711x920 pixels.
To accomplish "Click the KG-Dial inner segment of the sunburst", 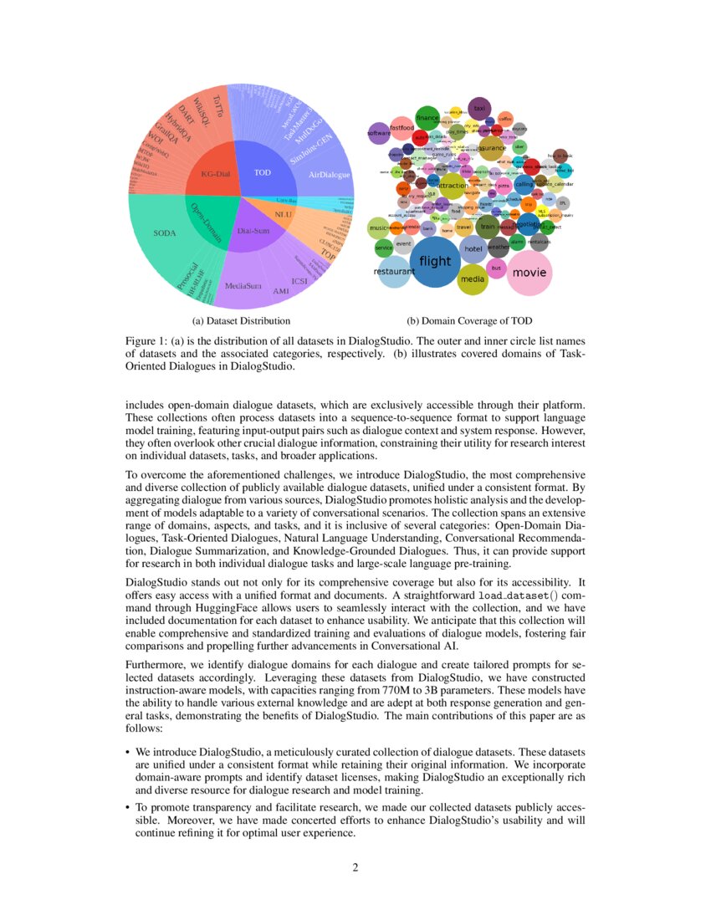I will pyautogui.click(x=214, y=173).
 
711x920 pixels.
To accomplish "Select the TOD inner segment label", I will pyautogui.click(x=263, y=172).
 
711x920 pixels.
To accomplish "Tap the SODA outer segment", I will pyautogui.click(x=165, y=233).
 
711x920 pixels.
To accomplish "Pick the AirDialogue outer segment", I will pyautogui.click(x=328, y=175).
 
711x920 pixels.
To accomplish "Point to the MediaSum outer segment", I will pyautogui.click(x=243, y=286).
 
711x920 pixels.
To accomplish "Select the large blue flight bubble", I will pyautogui.click(x=435, y=262).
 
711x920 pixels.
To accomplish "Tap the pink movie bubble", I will pyautogui.click(x=529, y=273).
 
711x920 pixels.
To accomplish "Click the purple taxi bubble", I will pyautogui.click(x=479, y=109).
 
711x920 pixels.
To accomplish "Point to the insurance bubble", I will pyautogui.click(x=491, y=148).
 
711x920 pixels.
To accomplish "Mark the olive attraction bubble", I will pyautogui.click(x=453, y=186).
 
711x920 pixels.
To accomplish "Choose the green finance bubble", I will pyautogui.click(x=427, y=119).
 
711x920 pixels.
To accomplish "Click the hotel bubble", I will pyautogui.click(x=473, y=249).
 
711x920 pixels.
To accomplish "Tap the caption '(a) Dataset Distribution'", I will pyautogui.click(x=241, y=320).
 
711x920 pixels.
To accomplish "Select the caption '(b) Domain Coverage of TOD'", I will pyautogui.click(x=469, y=320).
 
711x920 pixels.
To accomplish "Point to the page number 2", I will pyautogui.click(x=355, y=867).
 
